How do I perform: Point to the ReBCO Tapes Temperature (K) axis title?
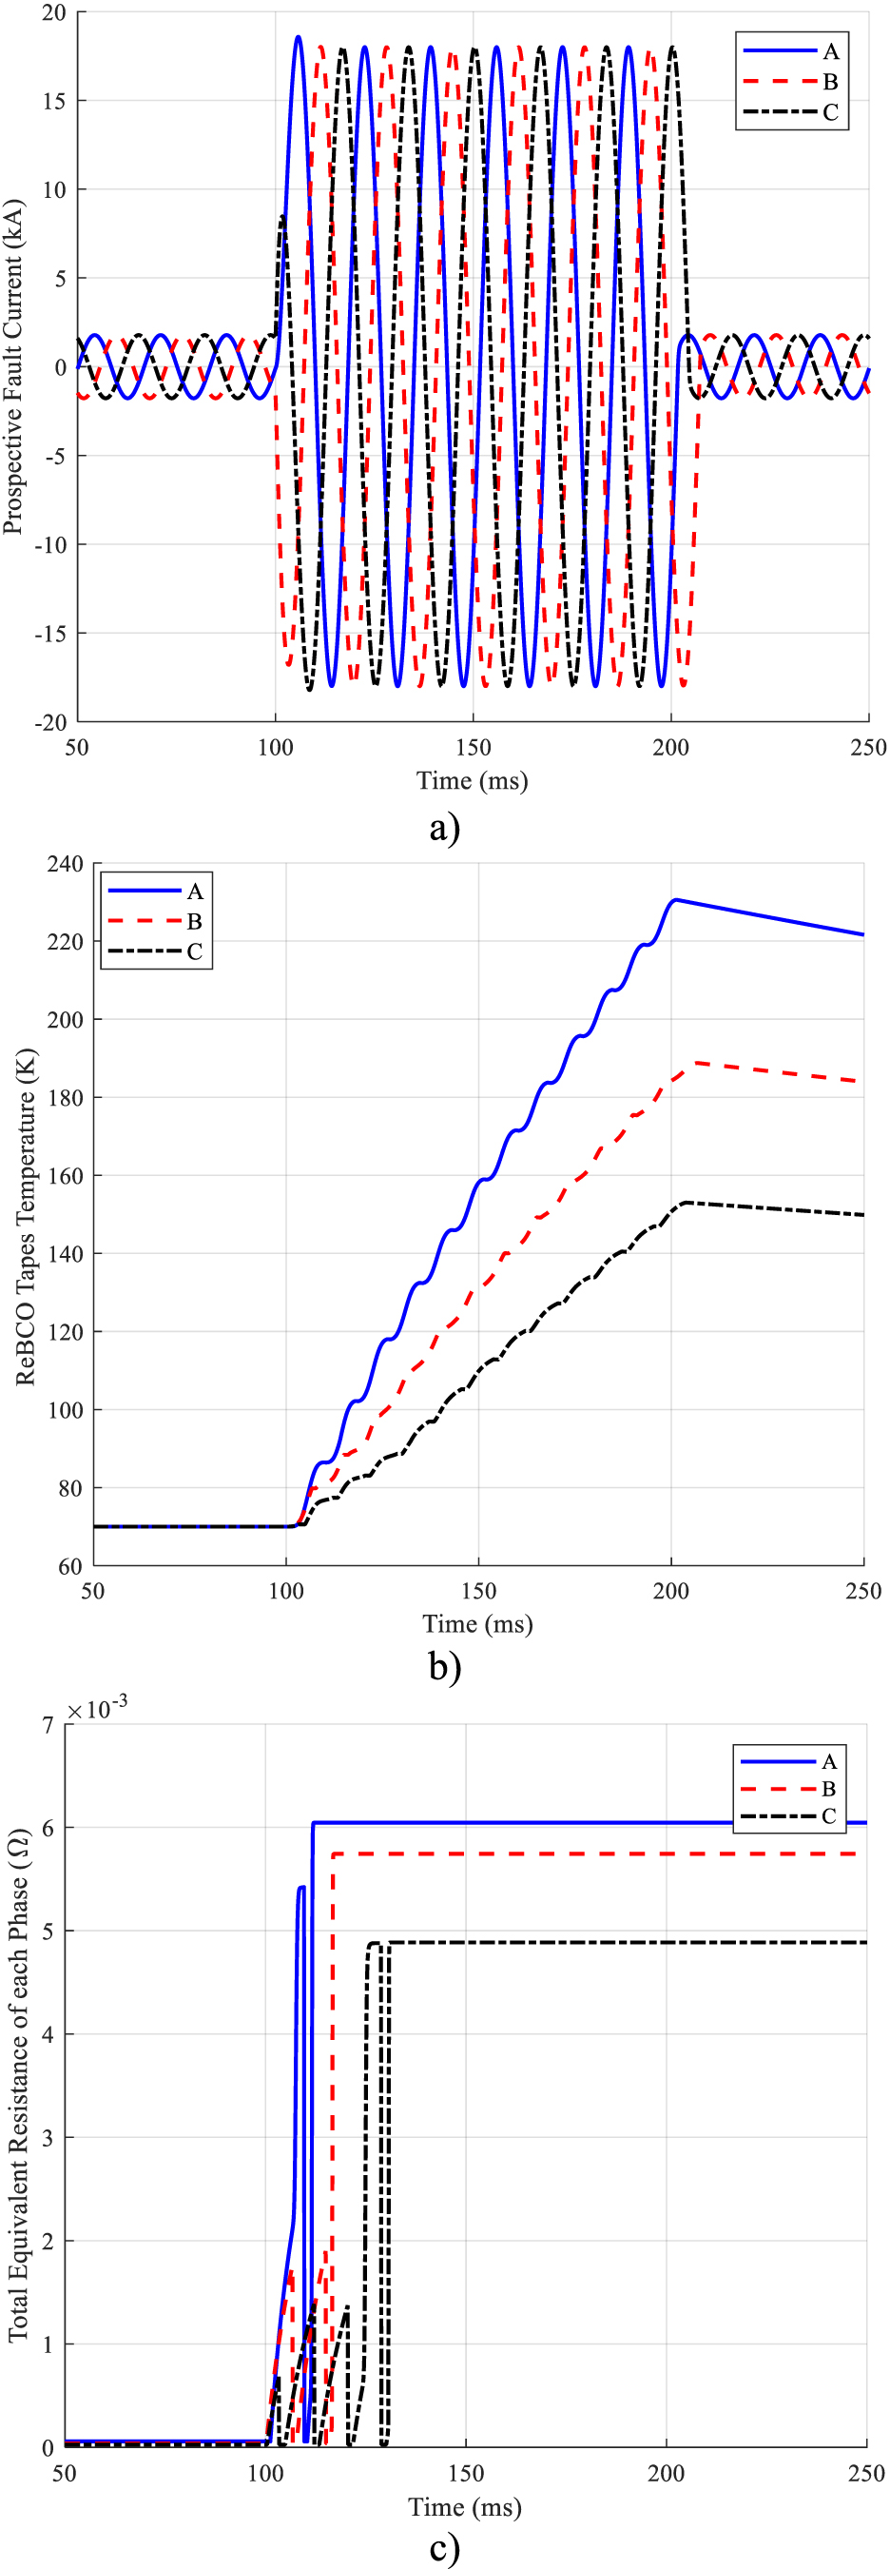click(x=25, y=1216)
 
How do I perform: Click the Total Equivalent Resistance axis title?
click(x=18, y=2085)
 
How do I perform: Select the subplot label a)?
click(x=444, y=827)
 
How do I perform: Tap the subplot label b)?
click(x=444, y=1664)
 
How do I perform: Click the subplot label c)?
click(x=444, y=2548)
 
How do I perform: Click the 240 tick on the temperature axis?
click(x=65, y=864)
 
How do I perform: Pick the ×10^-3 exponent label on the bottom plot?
click(x=97, y=1710)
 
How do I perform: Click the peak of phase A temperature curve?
click(x=676, y=899)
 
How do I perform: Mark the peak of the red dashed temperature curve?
click(x=696, y=1063)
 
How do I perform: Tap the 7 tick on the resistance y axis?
click(x=48, y=1724)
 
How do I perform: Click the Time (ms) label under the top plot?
click(x=472, y=780)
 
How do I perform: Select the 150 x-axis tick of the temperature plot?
click(x=478, y=1591)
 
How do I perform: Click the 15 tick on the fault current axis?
click(x=55, y=101)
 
